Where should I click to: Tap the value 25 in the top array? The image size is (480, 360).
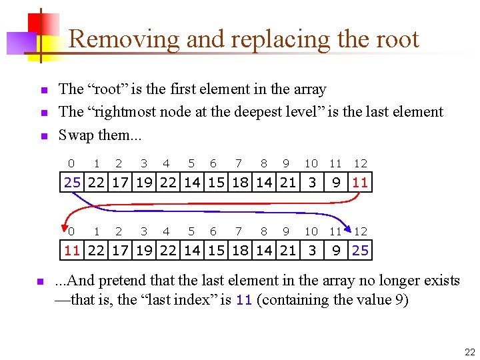click(x=72, y=182)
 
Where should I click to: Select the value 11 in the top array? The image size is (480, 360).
click(x=360, y=182)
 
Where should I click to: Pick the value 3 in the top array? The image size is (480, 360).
click(x=311, y=182)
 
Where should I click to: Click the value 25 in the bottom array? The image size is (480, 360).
click(x=360, y=251)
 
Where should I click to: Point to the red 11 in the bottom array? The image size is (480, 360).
click(x=72, y=251)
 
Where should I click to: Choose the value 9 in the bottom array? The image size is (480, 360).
click(x=337, y=251)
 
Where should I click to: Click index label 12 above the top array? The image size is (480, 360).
click(x=360, y=163)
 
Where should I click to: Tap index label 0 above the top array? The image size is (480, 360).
click(x=71, y=163)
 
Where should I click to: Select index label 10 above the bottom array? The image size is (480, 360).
click(x=311, y=231)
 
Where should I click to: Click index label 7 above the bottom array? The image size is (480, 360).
click(x=239, y=231)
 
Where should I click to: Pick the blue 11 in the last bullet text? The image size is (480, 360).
click(x=244, y=300)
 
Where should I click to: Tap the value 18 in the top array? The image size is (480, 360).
click(x=239, y=182)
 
